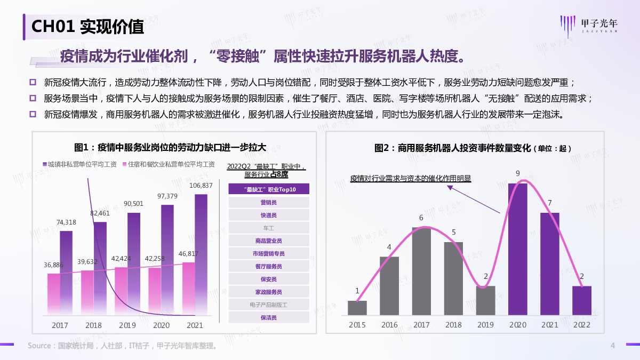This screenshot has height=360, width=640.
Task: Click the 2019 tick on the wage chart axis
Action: tap(127, 325)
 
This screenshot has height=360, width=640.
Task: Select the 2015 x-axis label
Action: tap(357, 325)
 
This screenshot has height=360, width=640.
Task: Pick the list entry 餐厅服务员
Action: tap(269, 267)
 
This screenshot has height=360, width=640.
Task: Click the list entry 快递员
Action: tap(269, 215)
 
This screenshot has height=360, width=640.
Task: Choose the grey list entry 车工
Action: tap(269, 228)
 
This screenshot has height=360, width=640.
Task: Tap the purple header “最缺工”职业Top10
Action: tap(269, 189)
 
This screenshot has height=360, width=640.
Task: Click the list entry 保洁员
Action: tap(269, 318)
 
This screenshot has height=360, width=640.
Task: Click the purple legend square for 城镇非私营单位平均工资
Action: tap(44, 164)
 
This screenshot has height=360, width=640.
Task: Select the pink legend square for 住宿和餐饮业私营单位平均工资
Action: tap(124, 164)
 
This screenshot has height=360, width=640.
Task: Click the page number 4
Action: tap(613, 346)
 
